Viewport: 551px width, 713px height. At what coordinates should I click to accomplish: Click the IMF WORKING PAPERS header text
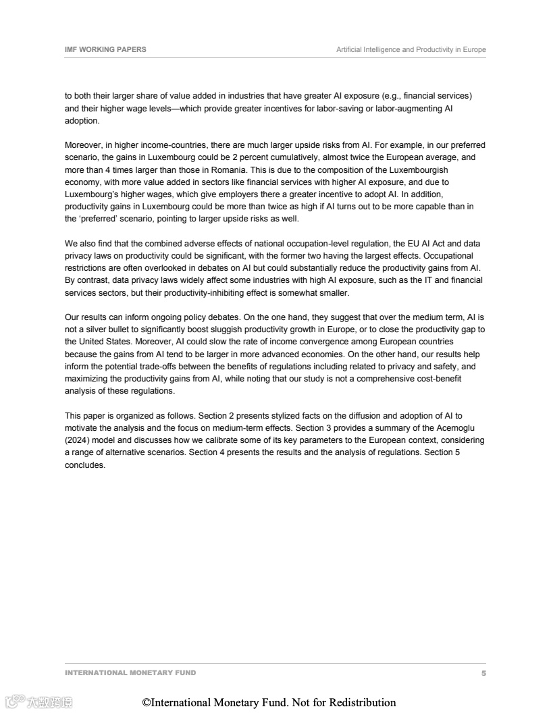tap(105, 49)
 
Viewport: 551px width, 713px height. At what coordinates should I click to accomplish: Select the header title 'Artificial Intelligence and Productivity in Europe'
tap(411, 49)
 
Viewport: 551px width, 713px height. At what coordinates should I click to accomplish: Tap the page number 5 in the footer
tap(483, 673)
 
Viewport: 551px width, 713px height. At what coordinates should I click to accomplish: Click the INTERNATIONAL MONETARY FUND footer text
tap(130, 673)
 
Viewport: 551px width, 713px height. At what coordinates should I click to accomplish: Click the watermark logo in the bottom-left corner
tap(38, 702)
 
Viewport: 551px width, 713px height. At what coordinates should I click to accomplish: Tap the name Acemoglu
tap(463, 428)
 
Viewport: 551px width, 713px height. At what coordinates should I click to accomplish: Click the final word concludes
tap(85, 465)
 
